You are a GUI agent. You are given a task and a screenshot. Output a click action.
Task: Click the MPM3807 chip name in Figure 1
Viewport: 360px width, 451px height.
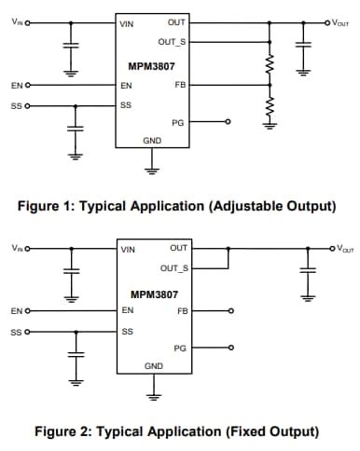point(152,67)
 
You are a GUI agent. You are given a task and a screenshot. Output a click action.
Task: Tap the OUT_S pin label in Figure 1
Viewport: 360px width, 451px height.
point(172,42)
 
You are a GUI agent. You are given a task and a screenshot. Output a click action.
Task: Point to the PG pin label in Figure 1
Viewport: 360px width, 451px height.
point(178,122)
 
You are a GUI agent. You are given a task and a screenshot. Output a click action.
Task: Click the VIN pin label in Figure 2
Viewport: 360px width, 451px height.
point(128,249)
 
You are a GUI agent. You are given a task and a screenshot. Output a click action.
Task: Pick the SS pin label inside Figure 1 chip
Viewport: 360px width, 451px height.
point(126,105)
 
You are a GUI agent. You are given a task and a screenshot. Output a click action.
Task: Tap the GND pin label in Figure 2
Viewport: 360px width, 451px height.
point(153,366)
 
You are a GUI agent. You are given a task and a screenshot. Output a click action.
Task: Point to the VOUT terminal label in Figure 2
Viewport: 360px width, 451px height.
point(344,248)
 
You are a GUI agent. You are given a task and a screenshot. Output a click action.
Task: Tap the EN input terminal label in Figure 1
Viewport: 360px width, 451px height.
point(16,85)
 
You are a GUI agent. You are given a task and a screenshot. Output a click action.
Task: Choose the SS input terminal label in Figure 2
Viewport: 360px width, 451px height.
point(16,331)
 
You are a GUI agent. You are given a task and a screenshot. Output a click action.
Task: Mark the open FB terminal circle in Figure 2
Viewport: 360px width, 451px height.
point(230,310)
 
